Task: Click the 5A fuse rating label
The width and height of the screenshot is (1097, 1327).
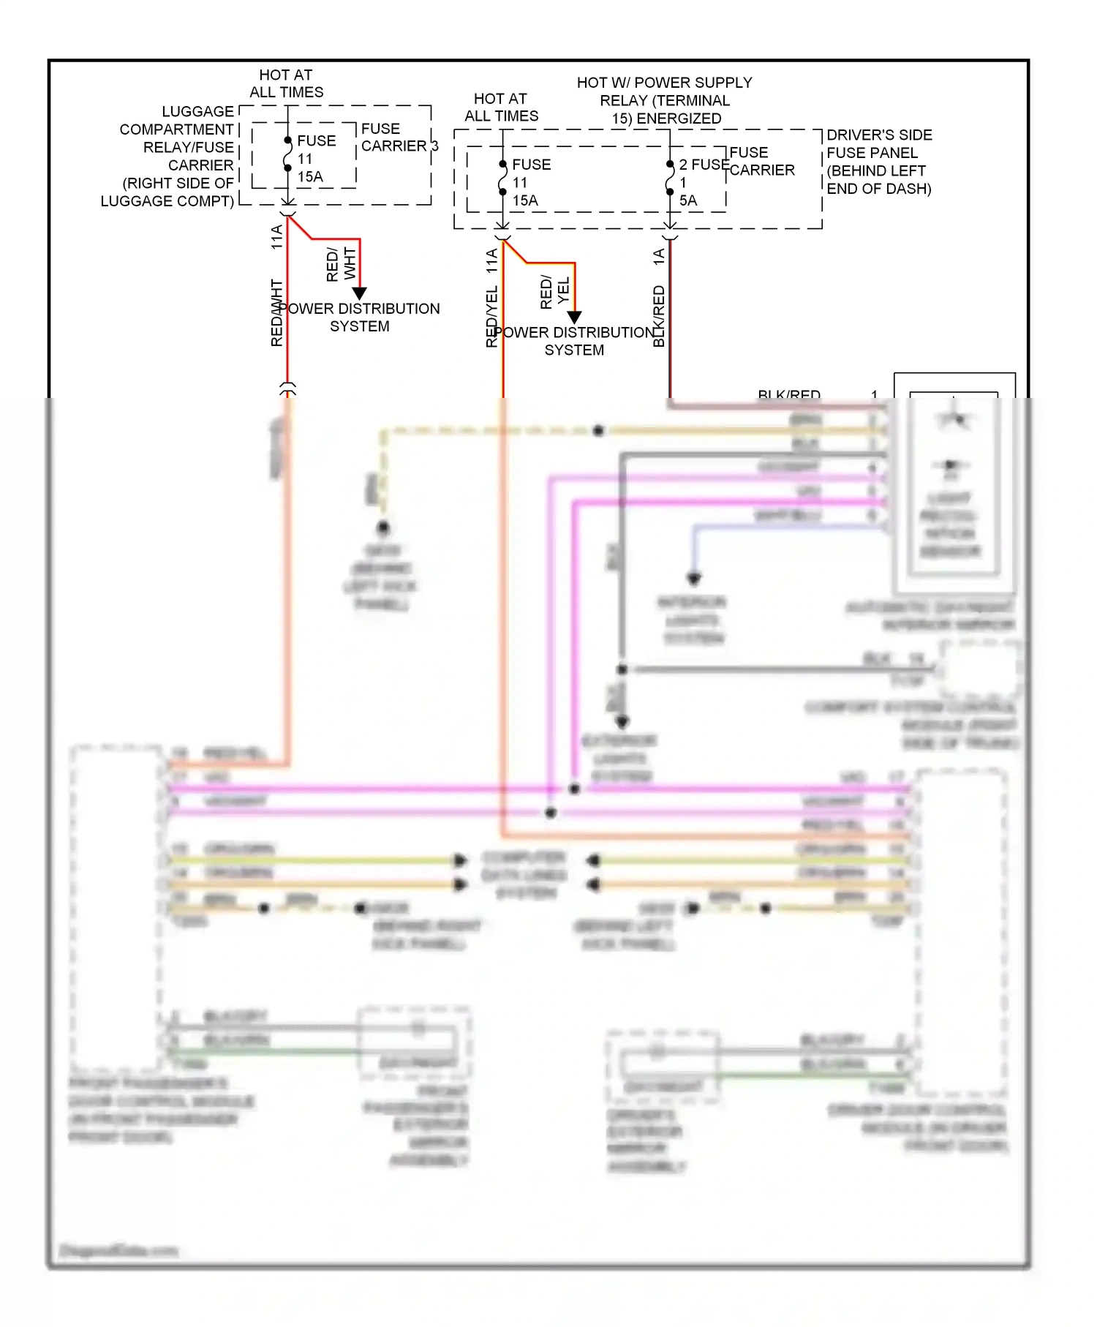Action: tap(688, 200)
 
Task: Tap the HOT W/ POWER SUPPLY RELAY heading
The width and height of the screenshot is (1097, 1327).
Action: tap(664, 100)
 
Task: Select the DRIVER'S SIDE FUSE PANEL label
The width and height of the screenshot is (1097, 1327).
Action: tap(878, 162)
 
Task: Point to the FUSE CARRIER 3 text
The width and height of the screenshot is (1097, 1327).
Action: tap(399, 138)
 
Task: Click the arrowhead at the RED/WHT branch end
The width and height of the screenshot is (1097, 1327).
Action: tap(360, 293)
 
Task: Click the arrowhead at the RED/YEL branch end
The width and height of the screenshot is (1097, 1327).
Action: tap(575, 317)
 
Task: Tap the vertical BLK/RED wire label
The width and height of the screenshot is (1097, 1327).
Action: tap(659, 316)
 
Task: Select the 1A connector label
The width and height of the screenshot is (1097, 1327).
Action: tap(659, 257)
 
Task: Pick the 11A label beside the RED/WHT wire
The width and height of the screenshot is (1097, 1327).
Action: tap(276, 237)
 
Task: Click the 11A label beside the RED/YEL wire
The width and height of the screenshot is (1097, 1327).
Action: tap(491, 261)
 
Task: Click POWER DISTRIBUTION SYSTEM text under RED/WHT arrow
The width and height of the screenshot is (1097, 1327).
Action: tap(360, 317)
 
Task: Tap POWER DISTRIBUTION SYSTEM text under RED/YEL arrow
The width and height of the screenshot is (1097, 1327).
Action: tap(575, 341)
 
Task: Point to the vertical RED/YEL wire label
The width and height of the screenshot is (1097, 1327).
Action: tap(491, 316)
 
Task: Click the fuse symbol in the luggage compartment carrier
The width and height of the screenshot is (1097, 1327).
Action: tap(288, 154)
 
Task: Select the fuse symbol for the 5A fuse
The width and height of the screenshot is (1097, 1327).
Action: tap(670, 178)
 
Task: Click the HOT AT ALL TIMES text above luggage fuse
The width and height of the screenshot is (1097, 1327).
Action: tap(286, 83)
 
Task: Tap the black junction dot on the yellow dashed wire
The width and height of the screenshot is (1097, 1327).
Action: tap(598, 430)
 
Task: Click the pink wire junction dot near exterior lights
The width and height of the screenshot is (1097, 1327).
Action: tap(575, 789)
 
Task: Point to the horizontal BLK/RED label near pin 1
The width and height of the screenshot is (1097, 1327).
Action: tap(788, 395)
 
